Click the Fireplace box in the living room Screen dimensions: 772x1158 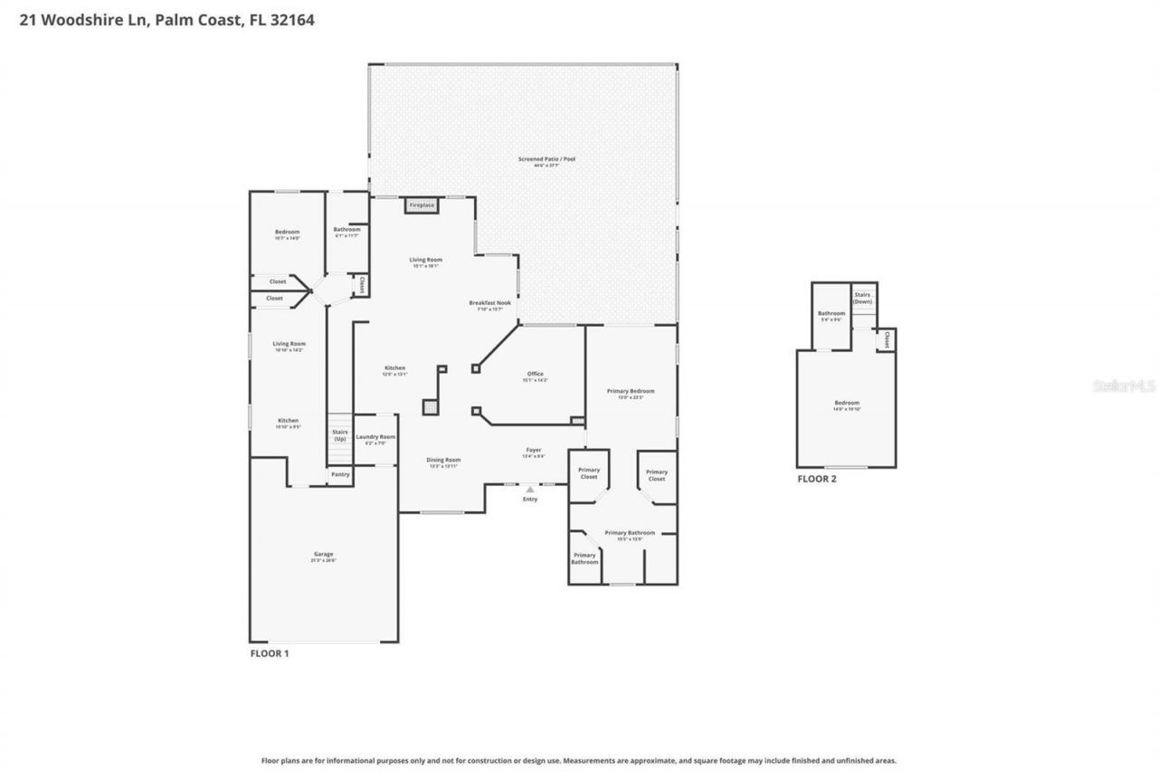422,205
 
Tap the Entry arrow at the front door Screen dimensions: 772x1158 530,491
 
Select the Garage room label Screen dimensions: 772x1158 324,554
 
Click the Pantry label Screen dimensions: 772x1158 340,474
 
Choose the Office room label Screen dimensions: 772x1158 535,374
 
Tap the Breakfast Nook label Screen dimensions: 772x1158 489,303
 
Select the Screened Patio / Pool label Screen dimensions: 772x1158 546,159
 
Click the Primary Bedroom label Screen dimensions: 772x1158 631,391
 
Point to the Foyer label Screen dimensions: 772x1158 534,450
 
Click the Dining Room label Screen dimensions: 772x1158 443,460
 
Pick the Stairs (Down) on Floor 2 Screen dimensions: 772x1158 862,298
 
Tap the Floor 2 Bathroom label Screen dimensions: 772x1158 831,314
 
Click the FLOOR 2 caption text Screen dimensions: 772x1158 816,479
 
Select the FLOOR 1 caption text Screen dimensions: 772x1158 269,653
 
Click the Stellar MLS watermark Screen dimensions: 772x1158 1124,386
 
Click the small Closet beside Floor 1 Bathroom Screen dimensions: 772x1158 361,285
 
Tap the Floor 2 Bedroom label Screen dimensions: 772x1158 847,404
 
